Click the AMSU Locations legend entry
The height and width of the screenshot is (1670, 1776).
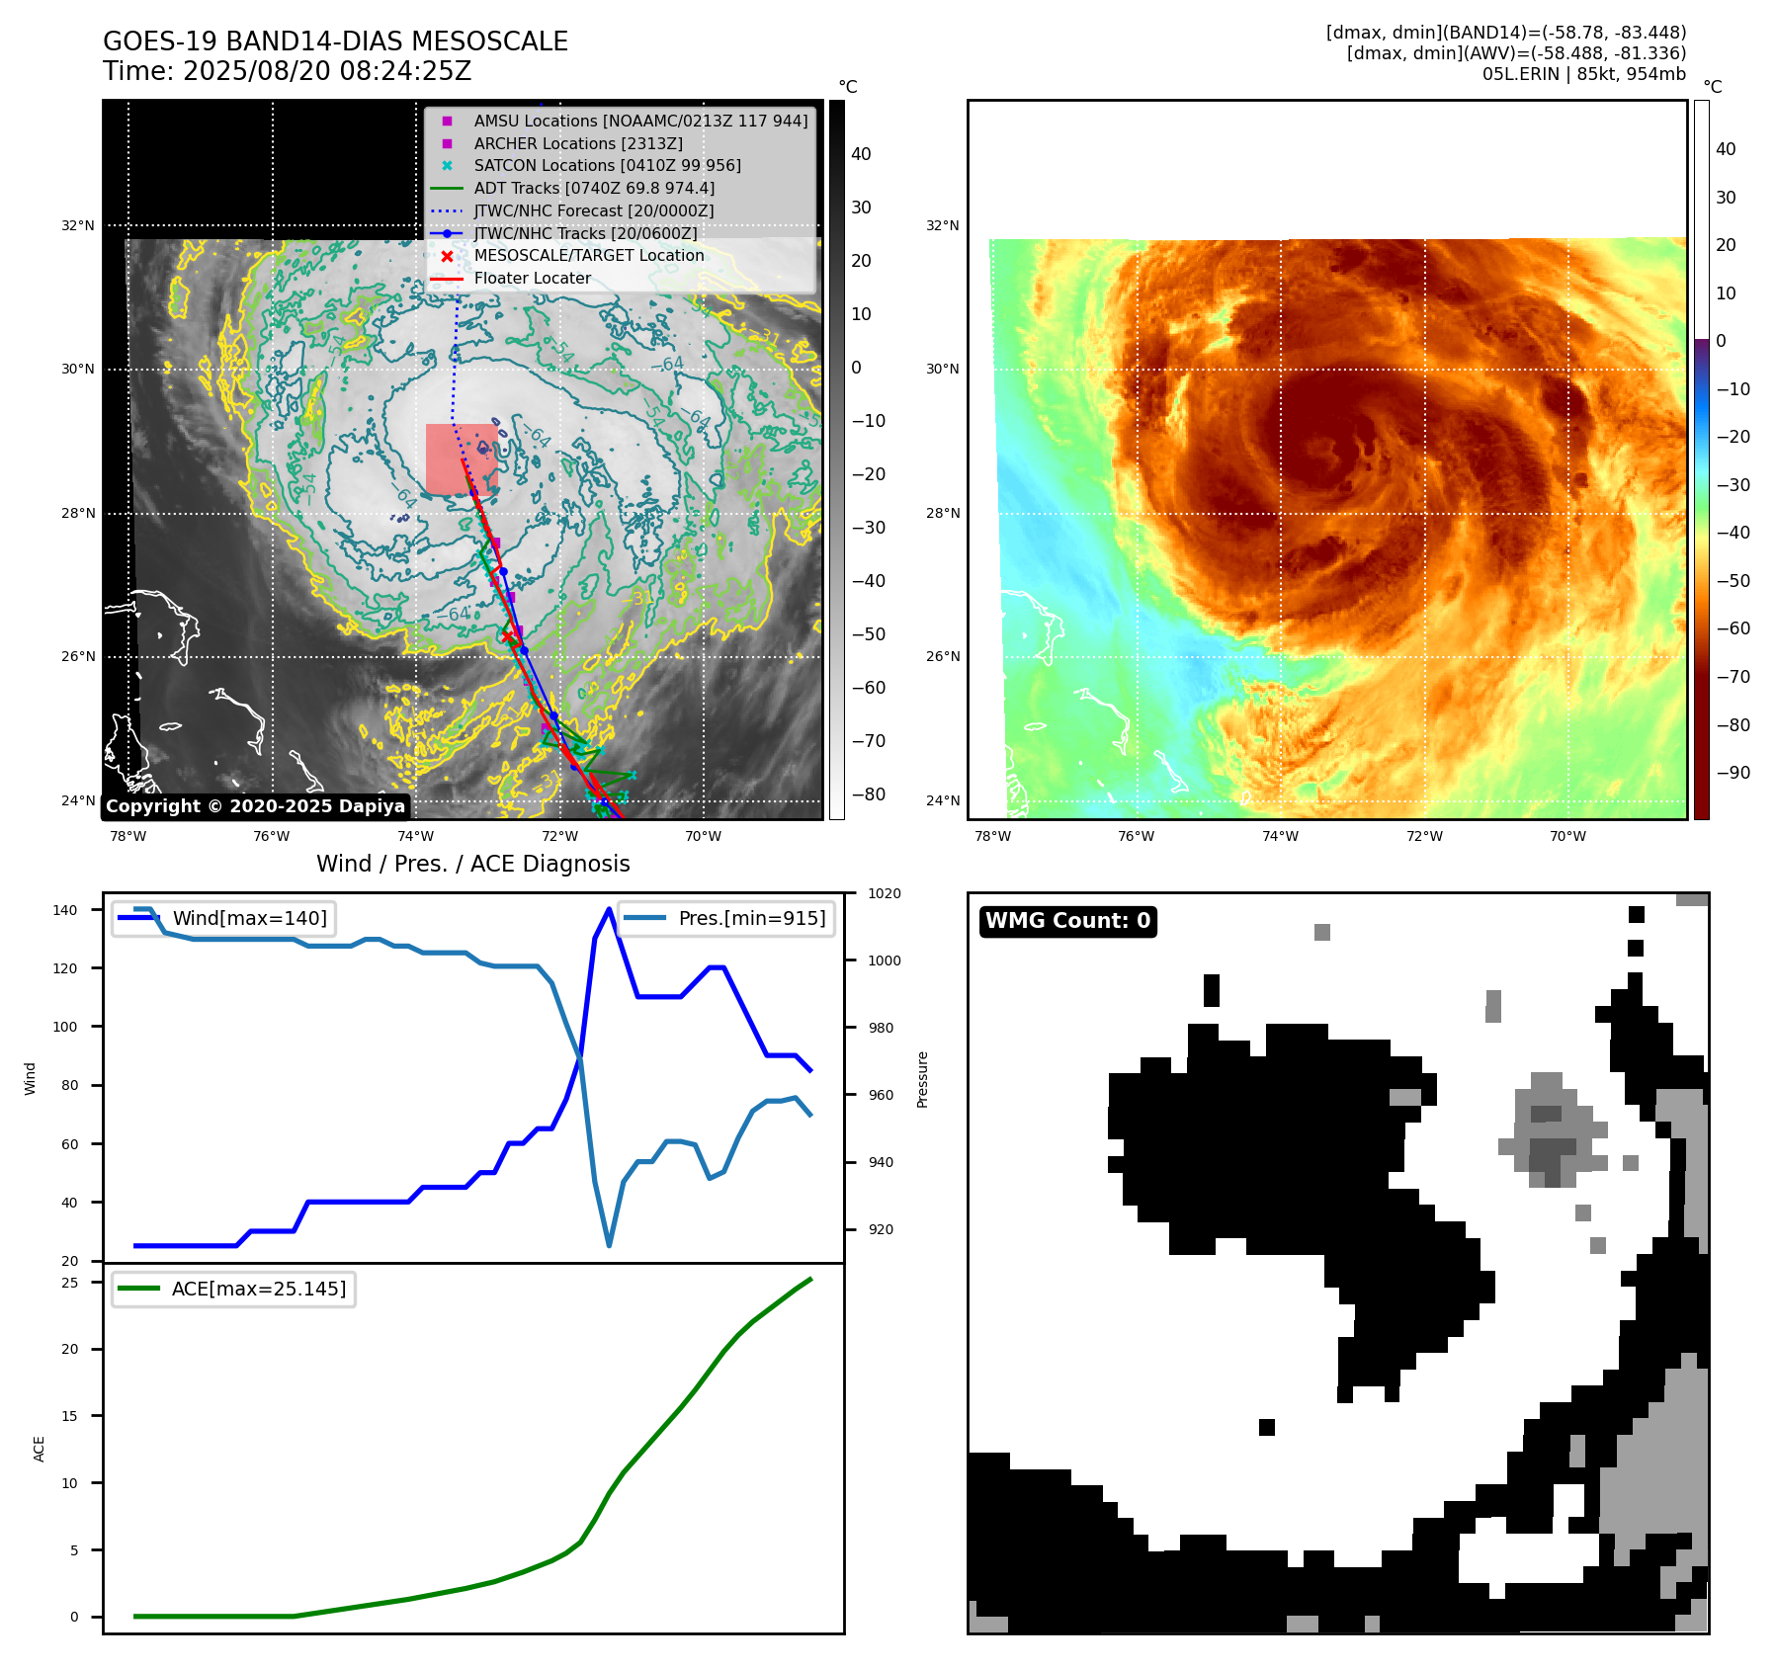click(x=639, y=121)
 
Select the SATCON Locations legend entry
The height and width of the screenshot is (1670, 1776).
click(x=607, y=165)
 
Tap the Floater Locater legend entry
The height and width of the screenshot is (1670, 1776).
click(x=532, y=278)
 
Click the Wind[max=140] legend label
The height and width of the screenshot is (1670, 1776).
click(x=249, y=918)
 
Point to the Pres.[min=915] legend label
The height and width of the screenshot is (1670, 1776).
click(x=751, y=918)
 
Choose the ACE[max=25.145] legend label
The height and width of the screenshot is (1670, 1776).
click(x=258, y=1289)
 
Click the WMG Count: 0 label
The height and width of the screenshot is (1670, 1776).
click(x=1067, y=921)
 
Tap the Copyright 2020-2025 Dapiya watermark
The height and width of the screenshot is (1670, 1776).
click(x=255, y=806)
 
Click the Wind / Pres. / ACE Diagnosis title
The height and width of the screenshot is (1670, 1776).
click(x=472, y=864)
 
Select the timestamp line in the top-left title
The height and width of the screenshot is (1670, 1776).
click(x=287, y=71)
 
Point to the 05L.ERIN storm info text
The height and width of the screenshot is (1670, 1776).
click(x=1583, y=74)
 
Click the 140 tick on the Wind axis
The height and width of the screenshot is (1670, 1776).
click(x=65, y=910)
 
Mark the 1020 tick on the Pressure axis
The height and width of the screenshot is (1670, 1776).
click(x=885, y=893)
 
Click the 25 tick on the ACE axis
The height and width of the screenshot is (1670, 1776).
click(x=70, y=1283)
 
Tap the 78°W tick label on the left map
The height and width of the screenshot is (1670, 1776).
click(x=127, y=836)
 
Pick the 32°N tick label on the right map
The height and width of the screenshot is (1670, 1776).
click(x=942, y=225)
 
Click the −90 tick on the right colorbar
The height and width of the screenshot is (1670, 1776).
click(x=1733, y=773)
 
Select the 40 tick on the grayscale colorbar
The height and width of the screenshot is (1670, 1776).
click(x=861, y=154)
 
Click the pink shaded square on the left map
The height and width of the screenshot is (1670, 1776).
click(x=461, y=459)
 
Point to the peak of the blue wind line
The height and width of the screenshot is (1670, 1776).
click(x=609, y=909)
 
